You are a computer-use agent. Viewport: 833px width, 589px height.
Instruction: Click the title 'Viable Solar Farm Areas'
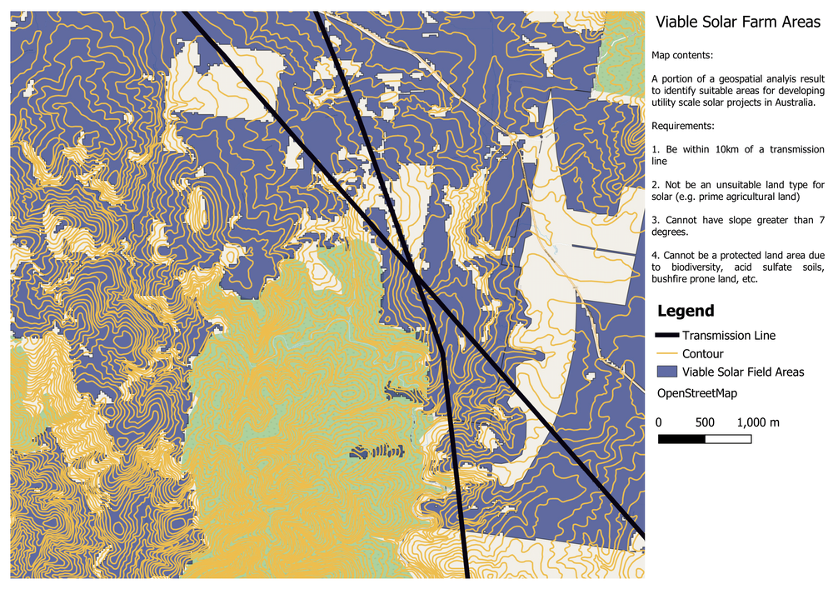tap(738, 23)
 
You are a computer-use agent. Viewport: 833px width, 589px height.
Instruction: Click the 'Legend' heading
tap(686, 312)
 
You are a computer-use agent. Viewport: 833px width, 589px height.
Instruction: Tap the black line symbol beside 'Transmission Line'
tap(667, 336)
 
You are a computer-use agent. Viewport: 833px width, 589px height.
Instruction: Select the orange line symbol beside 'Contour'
tap(667, 354)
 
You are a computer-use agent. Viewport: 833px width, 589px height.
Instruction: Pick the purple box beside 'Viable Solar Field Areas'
tap(667, 372)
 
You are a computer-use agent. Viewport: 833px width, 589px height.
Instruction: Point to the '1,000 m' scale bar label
tap(758, 422)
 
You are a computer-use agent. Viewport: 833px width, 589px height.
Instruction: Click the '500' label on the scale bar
tap(705, 422)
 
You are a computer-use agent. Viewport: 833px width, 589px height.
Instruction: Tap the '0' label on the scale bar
tap(659, 422)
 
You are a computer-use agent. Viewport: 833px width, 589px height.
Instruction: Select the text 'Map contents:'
tap(681, 56)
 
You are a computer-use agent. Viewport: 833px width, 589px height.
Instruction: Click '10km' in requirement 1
tap(736, 149)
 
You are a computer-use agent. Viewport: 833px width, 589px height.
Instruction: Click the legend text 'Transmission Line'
tap(729, 336)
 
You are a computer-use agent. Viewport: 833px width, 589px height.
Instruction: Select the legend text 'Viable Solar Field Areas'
tap(743, 372)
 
